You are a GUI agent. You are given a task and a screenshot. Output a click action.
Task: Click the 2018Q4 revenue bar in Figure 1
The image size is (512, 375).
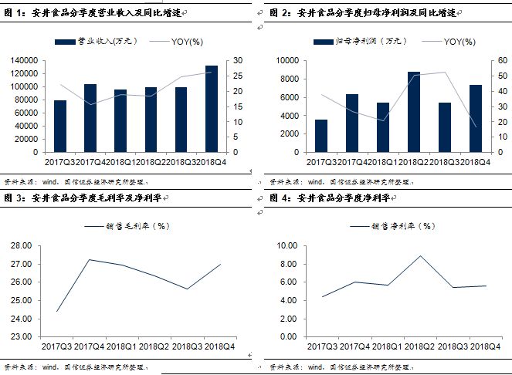[211, 109]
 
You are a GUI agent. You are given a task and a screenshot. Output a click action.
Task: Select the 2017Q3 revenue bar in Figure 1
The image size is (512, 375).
[60, 126]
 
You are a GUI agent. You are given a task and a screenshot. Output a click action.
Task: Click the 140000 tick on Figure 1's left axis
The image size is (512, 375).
[25, 60]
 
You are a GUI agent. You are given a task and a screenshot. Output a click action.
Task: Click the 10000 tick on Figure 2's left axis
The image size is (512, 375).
[288, 60]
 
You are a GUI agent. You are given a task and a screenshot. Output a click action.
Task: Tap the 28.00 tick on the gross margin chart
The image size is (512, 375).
[22, 246]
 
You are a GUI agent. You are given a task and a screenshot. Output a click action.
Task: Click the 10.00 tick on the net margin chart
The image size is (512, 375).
[287, 246]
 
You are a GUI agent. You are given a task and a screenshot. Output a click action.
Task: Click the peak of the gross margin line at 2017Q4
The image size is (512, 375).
[90, 259]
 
